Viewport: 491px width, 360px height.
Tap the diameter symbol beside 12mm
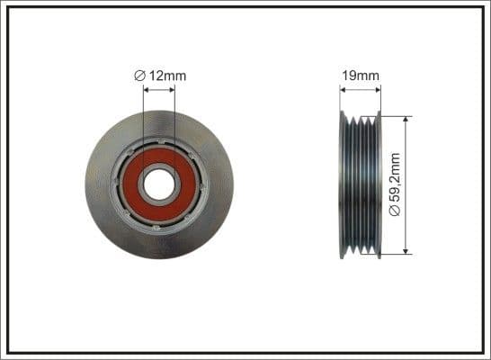pyautogui.click(x=139, y=76)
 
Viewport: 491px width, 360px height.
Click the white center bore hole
pyautogui.click(x=159, y=185)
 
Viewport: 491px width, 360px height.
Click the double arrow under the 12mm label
pyautogui.click(x=159, y=87)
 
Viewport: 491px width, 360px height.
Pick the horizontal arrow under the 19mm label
pyautogui.click(x=360, y=88)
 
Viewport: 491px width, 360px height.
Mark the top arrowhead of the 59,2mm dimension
pyautogui.click(x=406, y=119)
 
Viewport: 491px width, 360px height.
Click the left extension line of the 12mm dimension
pyautogui.click(x=144, y=117)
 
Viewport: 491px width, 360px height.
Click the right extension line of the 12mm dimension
pyautogui.click(x=174, y=117)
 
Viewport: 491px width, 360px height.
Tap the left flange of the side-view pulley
pyautogui.click(x=343, y=185)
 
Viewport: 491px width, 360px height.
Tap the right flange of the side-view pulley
pyautogui.click(x=378, y=185)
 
